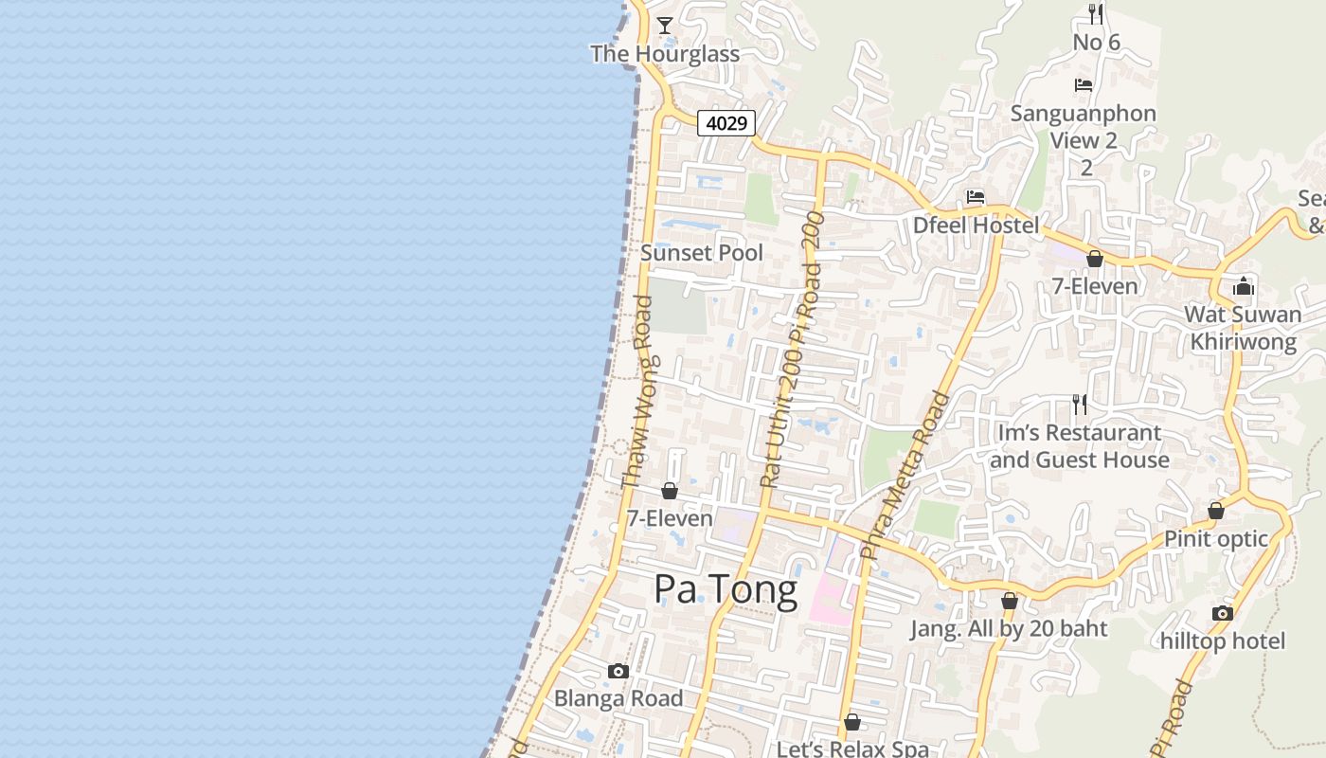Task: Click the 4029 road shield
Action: tap(727, 122)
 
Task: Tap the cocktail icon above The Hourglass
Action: tap(665, 25)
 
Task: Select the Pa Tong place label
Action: tap(726, 589)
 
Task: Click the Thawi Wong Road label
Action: tap(637, 392)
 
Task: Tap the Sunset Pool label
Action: tap(702, 253)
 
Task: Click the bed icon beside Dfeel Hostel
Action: tap(976, 197)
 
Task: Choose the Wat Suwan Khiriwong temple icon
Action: tap(1244, 286)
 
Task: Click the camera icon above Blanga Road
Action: tap(618, 671)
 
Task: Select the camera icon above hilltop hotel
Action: tap(1223, 613)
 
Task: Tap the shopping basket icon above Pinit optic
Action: tap(1216, 511)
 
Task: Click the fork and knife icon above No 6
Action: tap(1096, 13)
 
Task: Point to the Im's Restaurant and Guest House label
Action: tap(1079, 446)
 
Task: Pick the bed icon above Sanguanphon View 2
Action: tap(1084, 85)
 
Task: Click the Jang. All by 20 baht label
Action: tap(1009, 628)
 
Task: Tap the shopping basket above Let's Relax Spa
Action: tap(852, 722)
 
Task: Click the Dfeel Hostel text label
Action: tap(976, 226)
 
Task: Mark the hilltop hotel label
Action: tap(1223, 641)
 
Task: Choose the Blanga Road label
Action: tap(618, 698)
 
